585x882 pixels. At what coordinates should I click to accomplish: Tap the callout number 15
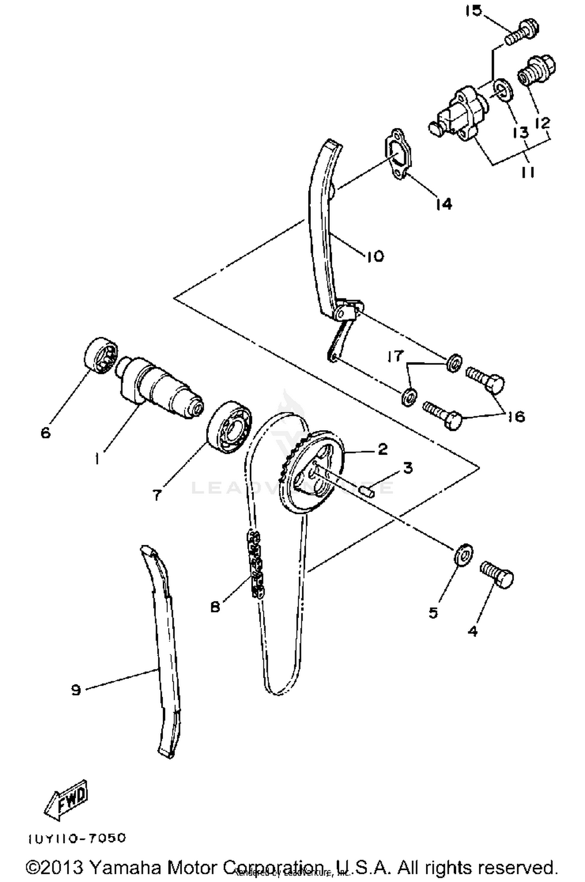[473, 11]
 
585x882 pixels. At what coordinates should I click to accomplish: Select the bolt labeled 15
[523, 33]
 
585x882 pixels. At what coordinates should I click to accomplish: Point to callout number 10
[375, 256]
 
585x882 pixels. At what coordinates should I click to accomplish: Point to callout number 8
[215, 606]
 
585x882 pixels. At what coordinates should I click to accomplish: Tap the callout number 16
[517, 416]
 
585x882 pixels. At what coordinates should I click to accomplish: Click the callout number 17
[395, 356]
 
